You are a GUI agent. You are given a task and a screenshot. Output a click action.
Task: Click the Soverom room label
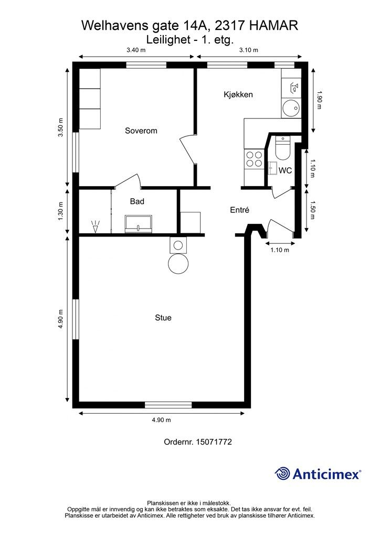tap(141, 131)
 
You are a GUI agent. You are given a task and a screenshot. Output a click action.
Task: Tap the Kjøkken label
tap(238, 94)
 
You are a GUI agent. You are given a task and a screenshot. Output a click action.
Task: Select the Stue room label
tap(163, 318)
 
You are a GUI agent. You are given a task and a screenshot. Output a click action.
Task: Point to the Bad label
tap(137, 201)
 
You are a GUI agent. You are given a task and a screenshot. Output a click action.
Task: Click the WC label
tap(285, 170)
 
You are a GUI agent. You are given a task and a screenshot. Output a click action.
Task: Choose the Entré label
tap(239, 210)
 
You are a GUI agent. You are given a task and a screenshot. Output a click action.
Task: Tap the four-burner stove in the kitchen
tap(254, 159)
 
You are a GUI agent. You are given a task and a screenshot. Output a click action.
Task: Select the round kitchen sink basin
tap(291, 108)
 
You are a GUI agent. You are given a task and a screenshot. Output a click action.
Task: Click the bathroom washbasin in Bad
tap(139, 224)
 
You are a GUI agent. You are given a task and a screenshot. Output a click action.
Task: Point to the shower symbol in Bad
tap(95, 227)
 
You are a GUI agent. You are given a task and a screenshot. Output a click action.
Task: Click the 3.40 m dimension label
tap(136, 50)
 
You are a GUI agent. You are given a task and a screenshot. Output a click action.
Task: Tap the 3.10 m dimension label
tap(248, 50)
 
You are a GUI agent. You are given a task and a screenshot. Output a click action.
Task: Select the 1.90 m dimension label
tap(319, 99)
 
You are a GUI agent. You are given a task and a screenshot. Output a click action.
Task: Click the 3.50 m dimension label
tap(61, 127)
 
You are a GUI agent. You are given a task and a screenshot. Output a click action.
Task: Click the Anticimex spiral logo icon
tap(282, 474)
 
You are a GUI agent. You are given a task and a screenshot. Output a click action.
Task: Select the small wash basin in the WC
tap(273, 168)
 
